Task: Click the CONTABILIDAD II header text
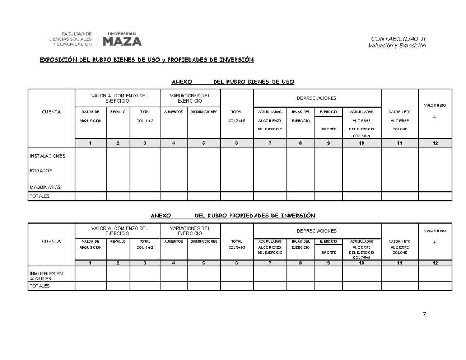[398, 39]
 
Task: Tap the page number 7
[424, 314]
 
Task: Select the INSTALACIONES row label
[47, 156]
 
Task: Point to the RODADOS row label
[41, 170]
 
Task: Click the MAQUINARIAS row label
[45, 187]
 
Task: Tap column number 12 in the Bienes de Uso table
[435, 143]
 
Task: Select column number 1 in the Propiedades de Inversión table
[90, 263]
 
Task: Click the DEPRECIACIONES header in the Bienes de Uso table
[317, 99]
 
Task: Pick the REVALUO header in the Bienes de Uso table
[118, 112]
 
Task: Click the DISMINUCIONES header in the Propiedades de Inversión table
[203, 241]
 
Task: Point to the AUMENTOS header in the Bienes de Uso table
[174, 112]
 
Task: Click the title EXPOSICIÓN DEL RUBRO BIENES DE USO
[146, 60]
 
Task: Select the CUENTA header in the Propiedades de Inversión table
[51, 242]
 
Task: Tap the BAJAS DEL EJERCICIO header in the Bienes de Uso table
[300, 116]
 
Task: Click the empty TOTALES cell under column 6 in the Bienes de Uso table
[236, 196]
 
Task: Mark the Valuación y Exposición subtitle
[397, 46]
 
